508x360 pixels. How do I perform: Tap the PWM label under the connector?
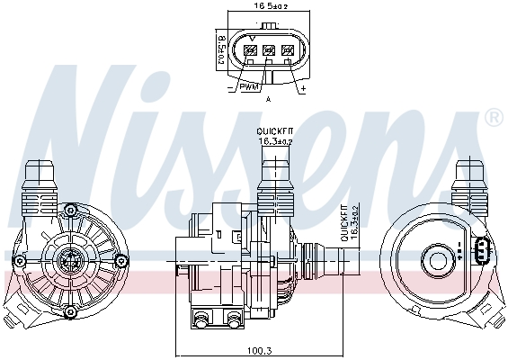[250, 87]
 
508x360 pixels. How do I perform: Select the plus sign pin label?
[303, 90]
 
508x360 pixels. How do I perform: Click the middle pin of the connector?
[268, 51]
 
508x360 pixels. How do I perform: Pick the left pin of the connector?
[250, 51]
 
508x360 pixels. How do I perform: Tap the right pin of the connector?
[288, 51]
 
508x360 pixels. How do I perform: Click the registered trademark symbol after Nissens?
[493, 118]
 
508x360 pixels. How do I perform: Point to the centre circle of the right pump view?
[441, 261]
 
